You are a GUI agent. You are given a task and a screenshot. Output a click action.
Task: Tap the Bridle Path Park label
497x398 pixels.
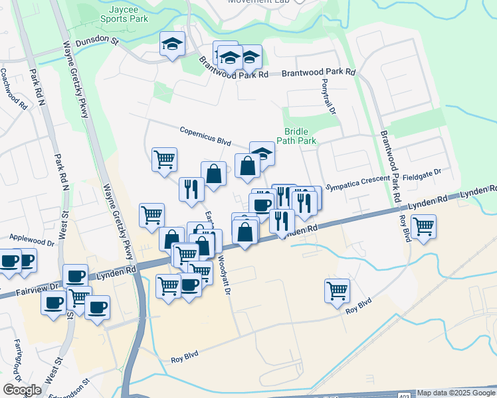(300, 136)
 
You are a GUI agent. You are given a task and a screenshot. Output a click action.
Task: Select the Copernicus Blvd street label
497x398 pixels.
(205, 135)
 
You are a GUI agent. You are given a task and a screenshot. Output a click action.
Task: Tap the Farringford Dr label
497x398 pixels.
(17, 356)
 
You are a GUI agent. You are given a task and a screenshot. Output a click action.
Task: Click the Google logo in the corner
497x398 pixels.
(22, 390)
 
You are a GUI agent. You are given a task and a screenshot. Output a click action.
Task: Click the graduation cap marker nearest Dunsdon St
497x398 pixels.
(173, 44)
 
